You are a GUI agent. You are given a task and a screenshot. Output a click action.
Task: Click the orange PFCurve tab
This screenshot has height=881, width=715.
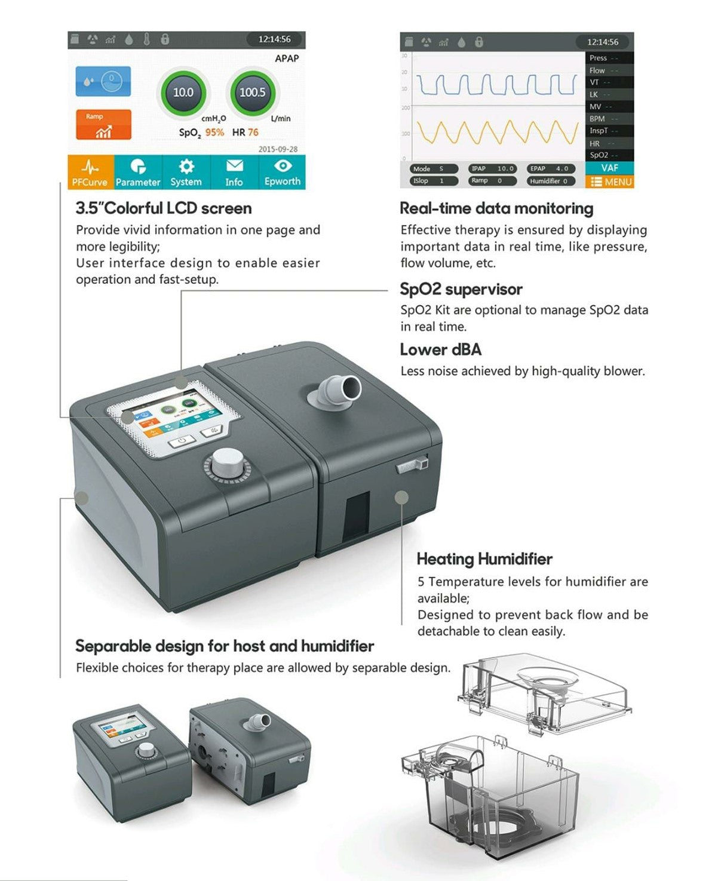coord(90,172)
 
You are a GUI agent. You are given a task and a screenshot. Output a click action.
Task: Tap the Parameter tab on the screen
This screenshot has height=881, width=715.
coord(138,172)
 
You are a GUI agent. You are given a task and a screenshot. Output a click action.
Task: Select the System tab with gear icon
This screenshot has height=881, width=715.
coord(186,172)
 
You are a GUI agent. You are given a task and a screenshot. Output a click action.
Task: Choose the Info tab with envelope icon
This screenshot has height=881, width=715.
coord(234,172)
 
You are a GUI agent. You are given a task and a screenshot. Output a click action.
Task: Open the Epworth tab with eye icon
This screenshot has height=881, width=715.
coord(282,172)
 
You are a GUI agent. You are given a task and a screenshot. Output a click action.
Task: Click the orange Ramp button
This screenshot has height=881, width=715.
coord(103,124)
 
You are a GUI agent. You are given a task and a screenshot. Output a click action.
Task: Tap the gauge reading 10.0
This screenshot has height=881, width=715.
coord(183,93)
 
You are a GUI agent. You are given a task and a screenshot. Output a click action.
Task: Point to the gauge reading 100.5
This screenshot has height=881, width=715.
coord(252,93)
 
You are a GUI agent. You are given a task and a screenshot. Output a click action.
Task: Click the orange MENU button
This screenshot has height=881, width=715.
coord(610,182)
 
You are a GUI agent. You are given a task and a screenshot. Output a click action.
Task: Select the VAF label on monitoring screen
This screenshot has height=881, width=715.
coord(610,168)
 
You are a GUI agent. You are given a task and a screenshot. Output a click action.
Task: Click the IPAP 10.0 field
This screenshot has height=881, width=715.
coord(492,169)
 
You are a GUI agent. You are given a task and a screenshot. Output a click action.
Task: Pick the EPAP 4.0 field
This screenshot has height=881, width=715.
coord(550,169)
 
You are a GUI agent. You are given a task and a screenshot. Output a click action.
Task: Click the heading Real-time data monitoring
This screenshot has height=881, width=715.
coord(496,208)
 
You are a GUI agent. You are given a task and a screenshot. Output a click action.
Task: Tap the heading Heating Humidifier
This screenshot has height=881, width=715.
coord(484,559)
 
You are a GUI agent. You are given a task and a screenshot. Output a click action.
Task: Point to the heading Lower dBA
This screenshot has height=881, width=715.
coord(441,350)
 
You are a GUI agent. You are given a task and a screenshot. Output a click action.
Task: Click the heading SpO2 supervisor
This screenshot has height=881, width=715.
coord(461,290)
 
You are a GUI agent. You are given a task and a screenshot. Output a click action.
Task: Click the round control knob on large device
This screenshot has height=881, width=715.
coord(227,465)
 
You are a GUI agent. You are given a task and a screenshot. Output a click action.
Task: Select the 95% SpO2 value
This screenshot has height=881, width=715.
coord(214,133)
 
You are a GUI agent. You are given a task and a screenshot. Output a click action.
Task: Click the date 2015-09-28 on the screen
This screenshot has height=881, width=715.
coord(278,149)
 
